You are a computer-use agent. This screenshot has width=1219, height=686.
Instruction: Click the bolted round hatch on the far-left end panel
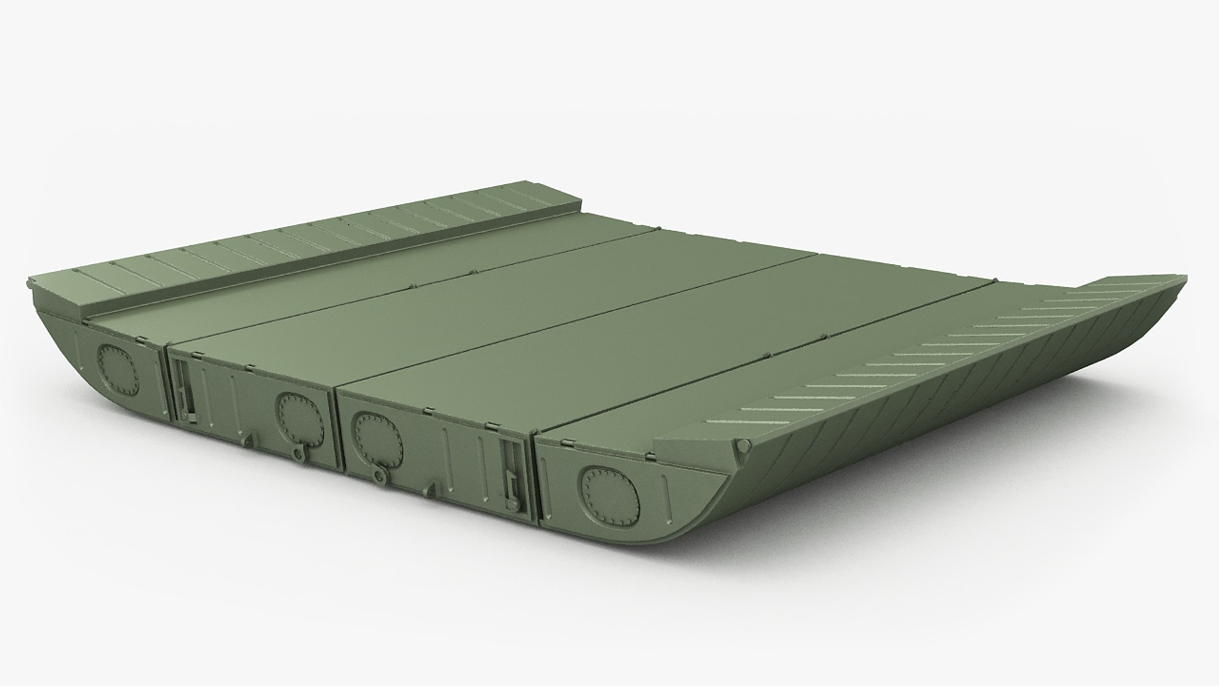pyautogui.click(x=117, y=368)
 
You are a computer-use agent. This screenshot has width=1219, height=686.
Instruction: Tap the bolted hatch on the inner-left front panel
pyautogui.click(x=296, y=417)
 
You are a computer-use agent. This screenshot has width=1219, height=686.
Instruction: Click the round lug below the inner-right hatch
pyautogui.click(x=380, y=475)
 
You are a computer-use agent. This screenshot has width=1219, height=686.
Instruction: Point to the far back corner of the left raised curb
pyautogui.click(x=511, y=185)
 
